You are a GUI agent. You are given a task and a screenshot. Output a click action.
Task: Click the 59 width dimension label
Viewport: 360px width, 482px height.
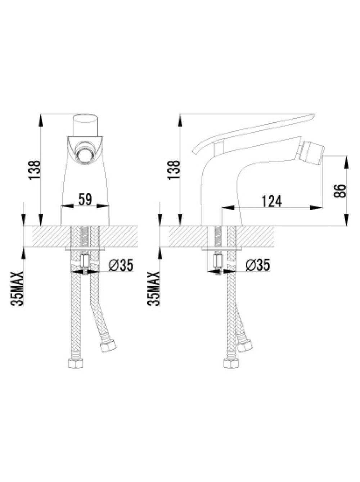click(85, 199)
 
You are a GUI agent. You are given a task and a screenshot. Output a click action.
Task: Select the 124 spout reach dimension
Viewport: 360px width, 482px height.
click(272, 201)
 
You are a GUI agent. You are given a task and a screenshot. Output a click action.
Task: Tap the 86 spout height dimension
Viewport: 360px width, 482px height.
click(340, 191)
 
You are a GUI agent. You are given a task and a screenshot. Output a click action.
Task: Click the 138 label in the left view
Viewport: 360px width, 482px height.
click(35, 170)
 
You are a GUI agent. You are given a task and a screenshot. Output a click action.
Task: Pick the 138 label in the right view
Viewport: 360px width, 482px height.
click(174, 170)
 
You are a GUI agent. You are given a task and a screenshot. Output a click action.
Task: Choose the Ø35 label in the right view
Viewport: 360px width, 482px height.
click(258, 265)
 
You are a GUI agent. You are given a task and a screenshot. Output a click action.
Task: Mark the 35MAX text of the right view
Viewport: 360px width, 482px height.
click(154, 289)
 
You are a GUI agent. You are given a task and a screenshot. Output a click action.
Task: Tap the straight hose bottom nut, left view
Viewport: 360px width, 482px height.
click(76, 364)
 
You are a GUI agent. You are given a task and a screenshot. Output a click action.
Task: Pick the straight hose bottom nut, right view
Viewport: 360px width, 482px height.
click(231, 364)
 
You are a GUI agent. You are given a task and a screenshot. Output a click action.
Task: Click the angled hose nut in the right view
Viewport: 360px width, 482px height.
click(244, 346)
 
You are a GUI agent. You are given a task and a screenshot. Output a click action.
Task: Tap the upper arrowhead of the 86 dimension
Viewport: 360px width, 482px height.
click(346, 162)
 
